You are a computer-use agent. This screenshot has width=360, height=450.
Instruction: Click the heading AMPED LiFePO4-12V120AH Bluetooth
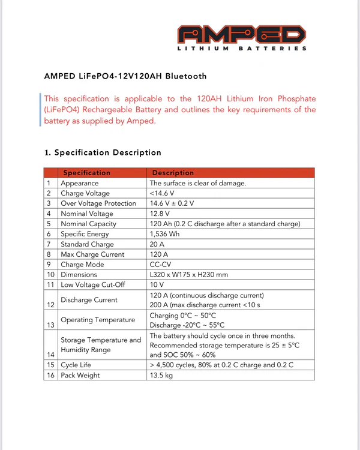click(x=125, y=76)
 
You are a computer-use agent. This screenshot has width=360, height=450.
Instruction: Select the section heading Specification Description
click(x=103, y=152)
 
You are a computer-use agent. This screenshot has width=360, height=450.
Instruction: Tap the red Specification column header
click(x=87, y=173)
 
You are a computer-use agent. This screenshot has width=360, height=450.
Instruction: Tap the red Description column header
click(x=173, y=173)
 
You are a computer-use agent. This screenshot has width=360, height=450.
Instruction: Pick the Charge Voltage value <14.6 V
click(x=162, y=193)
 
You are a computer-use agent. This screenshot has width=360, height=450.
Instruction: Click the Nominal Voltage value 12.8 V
click(x=160, y=214)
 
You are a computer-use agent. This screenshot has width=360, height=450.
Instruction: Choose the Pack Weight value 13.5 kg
click(x=161, y=375)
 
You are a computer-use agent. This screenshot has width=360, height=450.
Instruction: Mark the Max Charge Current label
click(x=92, y=254)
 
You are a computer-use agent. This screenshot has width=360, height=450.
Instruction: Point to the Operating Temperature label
click(x=98, y=320)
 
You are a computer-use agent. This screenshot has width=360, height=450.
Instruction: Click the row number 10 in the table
click(x=50, y=275)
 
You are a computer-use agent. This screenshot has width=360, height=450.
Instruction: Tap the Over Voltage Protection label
click(x=98, y=203)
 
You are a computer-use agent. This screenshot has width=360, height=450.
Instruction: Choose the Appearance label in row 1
click(x=80, y=183)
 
